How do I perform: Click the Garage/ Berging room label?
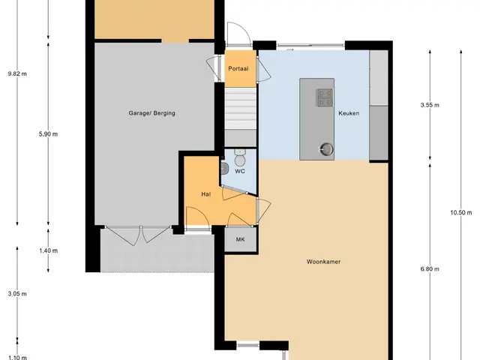pos(151,113)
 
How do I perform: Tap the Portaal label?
pos(238,68)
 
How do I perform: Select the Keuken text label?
pos(349,113)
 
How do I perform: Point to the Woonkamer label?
pos(323,262)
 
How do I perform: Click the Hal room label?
pos(206,194)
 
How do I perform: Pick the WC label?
pos(240,171)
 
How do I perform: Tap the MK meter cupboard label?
pos(240,239)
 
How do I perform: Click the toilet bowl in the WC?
pos(239,157)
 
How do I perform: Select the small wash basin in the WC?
pos(224,168)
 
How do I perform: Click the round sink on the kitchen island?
pos(327,149)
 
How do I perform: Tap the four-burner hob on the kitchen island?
pos(325,97)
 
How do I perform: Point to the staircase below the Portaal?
pos(241,117)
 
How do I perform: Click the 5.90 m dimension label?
pos(48,134)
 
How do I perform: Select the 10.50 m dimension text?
pos(460,212)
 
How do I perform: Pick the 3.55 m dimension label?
pos(430,105)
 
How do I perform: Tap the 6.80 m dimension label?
pos(430,269)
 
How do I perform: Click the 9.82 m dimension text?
pos(17,73)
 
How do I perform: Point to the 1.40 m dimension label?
pos(48,250)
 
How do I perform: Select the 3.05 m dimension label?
pos(17,294)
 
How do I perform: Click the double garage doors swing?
pos(138,235)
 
